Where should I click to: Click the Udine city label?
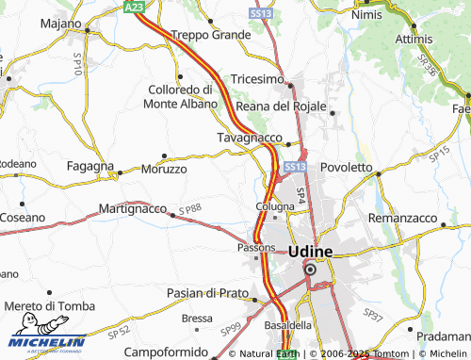(309, 252)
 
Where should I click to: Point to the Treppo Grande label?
(204, 35)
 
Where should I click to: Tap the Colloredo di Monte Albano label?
(181, 96)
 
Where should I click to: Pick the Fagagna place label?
(90, 165)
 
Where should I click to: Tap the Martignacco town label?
(132, 207)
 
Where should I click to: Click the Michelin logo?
(44, 341)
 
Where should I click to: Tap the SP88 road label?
(190, 208)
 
